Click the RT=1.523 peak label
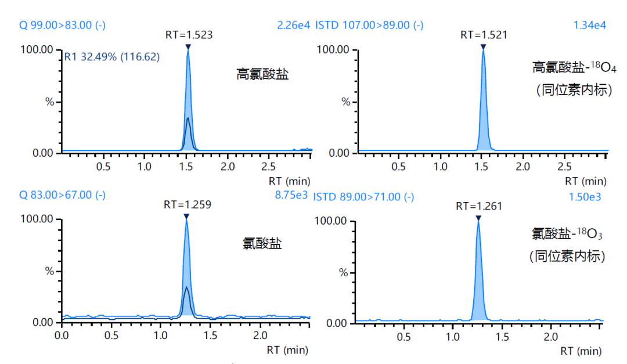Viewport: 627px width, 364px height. [188, 35]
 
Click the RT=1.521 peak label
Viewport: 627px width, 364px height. [484, 35]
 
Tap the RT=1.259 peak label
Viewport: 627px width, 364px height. [187, 204]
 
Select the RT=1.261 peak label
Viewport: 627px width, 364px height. [479, 206]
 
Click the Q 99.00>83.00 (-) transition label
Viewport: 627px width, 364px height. [62, 25]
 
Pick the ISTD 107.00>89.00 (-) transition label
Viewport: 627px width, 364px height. [369, 25]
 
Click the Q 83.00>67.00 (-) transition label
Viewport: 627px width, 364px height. [62, 195]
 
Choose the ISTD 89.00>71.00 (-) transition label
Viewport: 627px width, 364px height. [363, 197]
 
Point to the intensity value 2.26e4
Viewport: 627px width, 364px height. [294, 25]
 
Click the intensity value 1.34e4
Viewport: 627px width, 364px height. [590, 25]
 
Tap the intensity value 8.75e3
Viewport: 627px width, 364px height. [291, 195]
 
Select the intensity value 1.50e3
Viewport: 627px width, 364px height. [585, 197]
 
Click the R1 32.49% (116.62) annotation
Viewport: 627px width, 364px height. [111, 57]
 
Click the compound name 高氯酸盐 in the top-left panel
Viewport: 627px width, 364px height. [262, 74]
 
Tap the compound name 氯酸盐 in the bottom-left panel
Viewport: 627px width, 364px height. [262, 244]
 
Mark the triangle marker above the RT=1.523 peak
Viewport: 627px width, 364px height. [188, 46]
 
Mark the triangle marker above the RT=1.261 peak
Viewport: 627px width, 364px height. [478, 218]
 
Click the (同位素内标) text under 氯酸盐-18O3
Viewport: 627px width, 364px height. [567, 256]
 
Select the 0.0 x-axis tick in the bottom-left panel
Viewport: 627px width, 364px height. [62, 336]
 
